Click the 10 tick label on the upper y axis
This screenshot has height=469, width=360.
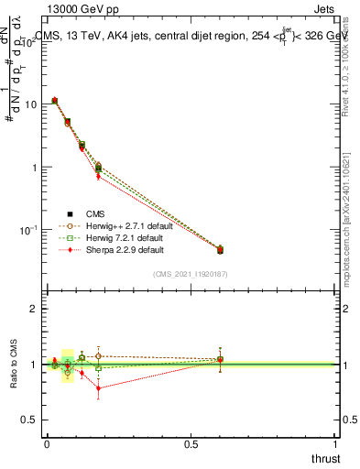click(30, 104)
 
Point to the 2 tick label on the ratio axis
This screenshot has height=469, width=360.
click(34, 310)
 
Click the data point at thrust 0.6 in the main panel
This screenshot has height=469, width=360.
click(220, 249)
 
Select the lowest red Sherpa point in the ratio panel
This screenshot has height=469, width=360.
click(98, 387)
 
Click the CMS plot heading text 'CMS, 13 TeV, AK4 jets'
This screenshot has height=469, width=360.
click(92, 38)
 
